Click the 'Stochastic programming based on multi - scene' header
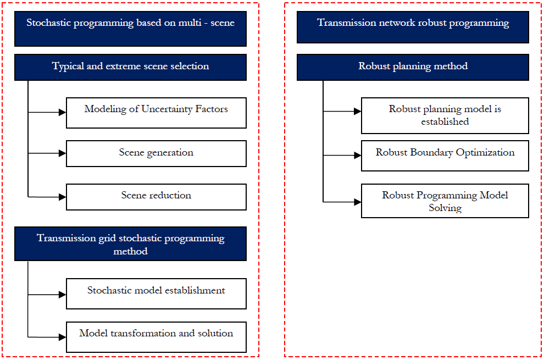(130, 29)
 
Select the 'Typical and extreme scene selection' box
(130, 68)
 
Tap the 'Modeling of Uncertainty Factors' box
(156, 113)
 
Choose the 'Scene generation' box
(156, 153)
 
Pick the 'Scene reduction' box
(156, 197)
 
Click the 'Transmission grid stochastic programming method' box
(130, 243)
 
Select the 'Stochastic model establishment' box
(156, 293)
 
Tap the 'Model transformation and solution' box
(156, 337)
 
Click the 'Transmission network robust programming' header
(413, 27)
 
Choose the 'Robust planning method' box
(413, 68)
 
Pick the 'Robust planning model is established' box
(445, 115)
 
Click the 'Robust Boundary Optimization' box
(445, 156)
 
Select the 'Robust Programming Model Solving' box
(445, 201)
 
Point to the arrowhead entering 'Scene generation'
(63, 153)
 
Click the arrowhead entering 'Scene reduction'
(63, 197)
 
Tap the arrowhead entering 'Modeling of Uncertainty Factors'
(63, 112)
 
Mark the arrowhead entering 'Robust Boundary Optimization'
(358, 155)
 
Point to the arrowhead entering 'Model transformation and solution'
(63, 337)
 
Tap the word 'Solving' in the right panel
(445, 208)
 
